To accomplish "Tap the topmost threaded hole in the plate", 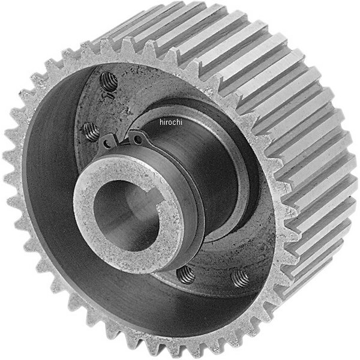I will [x=108, y=81].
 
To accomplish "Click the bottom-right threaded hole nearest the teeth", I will [x=240, y=277].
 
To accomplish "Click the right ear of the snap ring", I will [x=139, y=140].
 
